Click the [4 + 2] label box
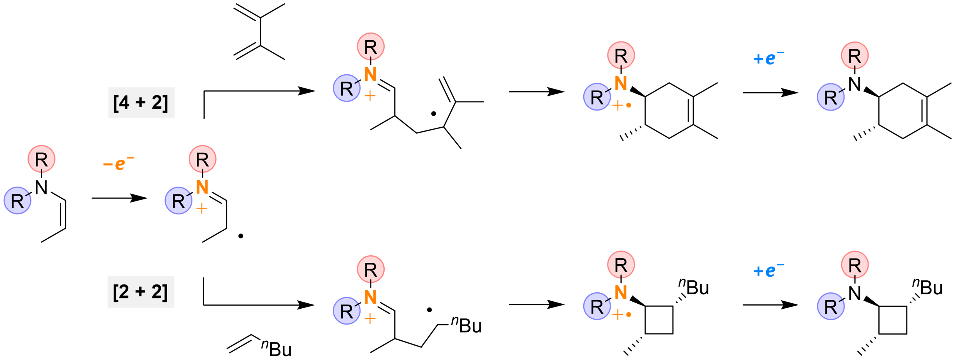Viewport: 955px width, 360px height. [141, 103]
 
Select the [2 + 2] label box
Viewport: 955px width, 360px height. [141, 292]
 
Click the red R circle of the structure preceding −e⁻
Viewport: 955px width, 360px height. [42, 159]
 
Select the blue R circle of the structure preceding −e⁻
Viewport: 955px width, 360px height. [17, 201]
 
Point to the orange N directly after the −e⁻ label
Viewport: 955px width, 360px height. [202, 187]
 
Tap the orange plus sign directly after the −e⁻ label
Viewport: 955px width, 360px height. [202, 209]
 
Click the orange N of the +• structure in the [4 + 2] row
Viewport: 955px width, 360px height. [621, 83]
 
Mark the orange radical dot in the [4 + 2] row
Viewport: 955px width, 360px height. [629, 105]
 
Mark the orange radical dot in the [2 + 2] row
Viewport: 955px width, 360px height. [629, 314]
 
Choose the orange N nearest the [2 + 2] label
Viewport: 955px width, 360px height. [370, 297]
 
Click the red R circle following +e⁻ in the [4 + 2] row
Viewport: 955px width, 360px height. [855, 56]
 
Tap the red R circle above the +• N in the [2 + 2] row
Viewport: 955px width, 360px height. [621, 265]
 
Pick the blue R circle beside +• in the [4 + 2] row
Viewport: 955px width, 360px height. [597, 97]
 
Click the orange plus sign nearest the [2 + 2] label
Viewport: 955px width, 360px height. [370, 318]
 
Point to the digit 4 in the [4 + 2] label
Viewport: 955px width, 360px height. [124, 102]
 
